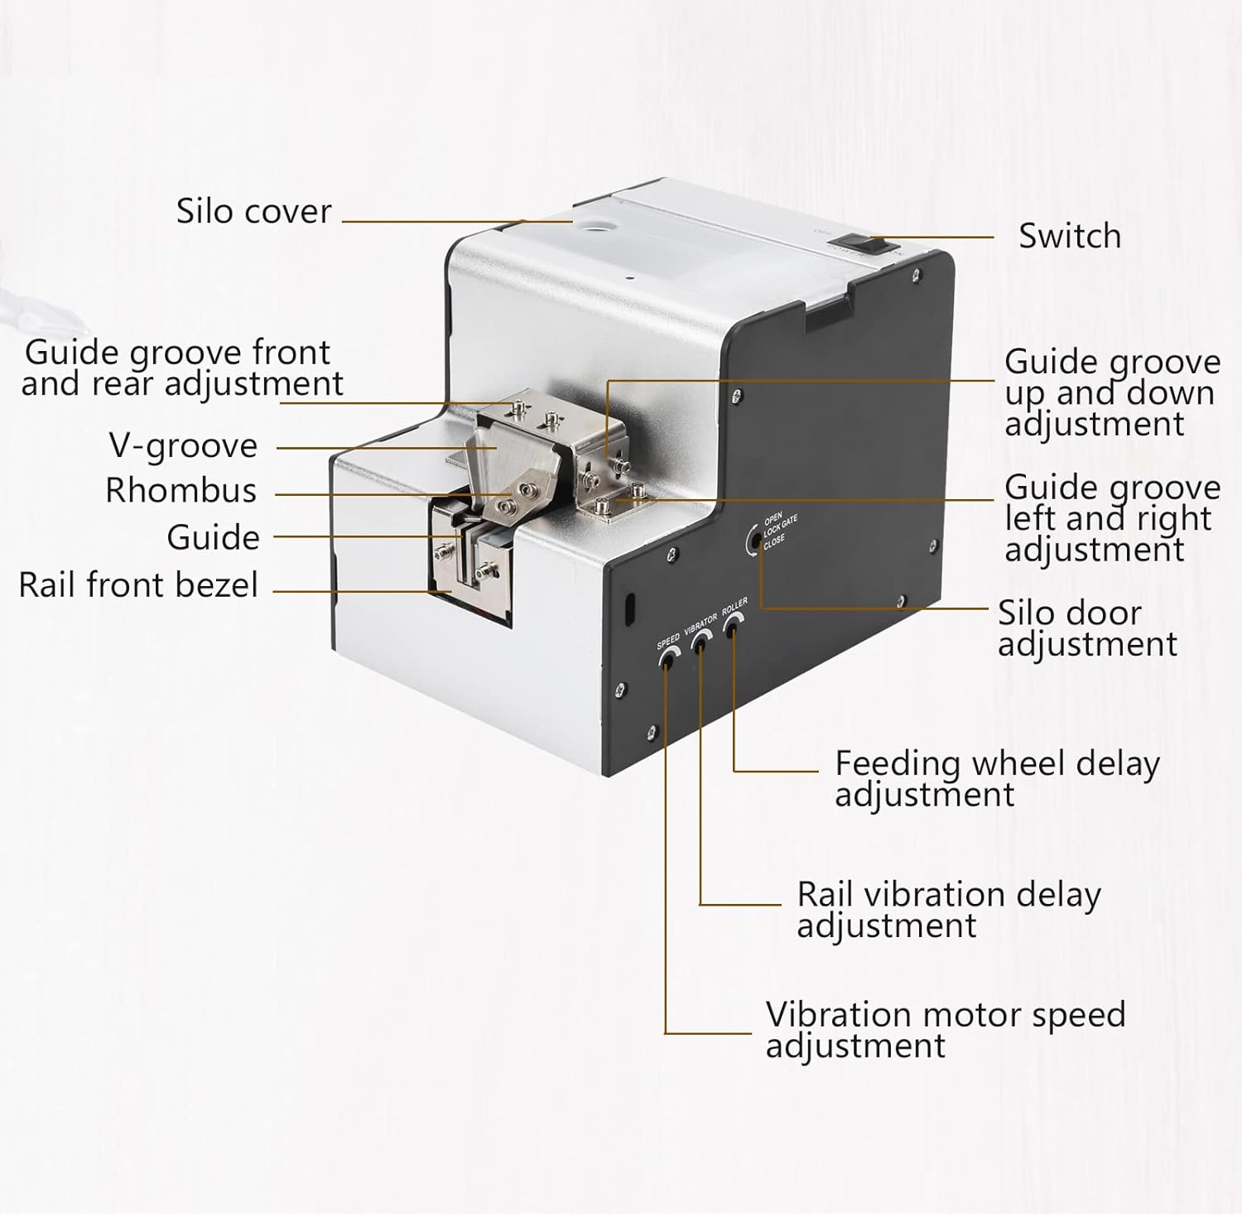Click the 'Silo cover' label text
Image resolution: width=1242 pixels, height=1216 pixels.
[x=253, y=212]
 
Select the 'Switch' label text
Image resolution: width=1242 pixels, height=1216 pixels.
[x=1069, y=237]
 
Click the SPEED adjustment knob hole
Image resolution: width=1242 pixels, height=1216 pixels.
[x=666, y=659]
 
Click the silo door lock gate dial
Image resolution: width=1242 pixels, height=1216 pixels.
[x=753, y=541]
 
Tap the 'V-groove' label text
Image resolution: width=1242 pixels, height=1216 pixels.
[x=183, y=446]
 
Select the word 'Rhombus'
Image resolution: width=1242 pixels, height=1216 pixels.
[x=181, y=491]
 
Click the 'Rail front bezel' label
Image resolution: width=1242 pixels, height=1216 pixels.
[x=138, y=585]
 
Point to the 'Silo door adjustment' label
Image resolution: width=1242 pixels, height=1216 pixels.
[x=1086, y=629]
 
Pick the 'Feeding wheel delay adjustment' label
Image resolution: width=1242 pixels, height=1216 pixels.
[x=996, y=778]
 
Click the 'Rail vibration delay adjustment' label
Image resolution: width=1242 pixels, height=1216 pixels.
[x=948, y=910]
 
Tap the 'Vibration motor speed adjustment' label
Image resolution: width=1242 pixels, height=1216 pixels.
[x=945, y=1030]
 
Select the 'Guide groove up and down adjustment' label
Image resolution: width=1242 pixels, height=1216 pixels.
[x=1111, y=393]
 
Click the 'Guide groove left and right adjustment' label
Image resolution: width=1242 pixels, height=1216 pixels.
[x=1111, y=519]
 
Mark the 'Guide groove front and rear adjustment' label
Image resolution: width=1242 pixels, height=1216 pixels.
[x=181, y=368]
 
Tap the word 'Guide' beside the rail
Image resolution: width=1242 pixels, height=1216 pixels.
[x=213, y=538]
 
